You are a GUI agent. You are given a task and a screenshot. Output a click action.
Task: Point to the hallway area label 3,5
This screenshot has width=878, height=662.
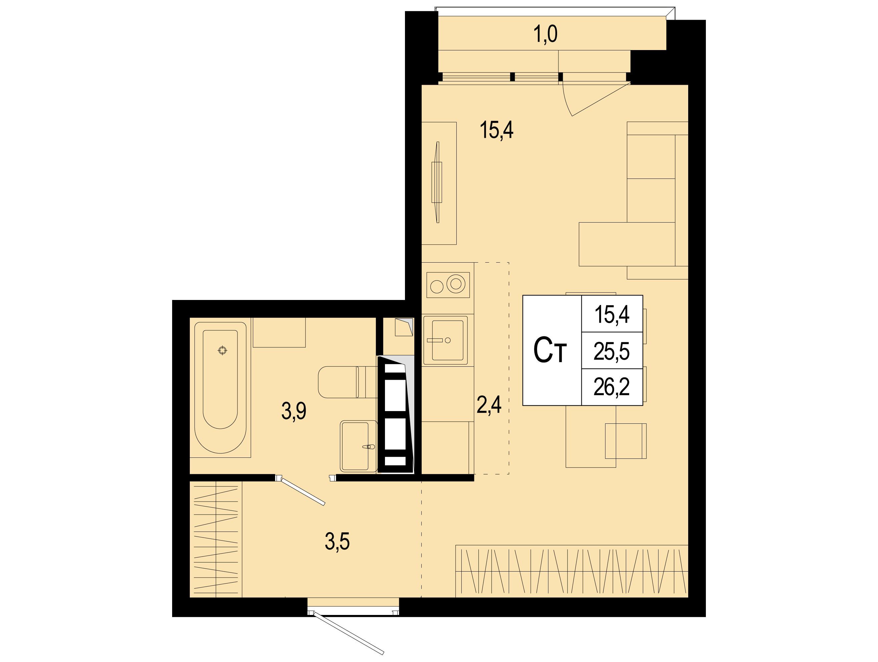337,542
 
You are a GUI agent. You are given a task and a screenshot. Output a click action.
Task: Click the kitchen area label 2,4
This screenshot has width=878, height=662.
489,405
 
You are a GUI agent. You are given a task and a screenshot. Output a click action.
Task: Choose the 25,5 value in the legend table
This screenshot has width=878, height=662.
612,351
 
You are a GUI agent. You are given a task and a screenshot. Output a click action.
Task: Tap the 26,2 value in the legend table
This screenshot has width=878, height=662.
612,387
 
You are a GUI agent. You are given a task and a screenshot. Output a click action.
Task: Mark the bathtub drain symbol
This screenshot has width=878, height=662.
223,350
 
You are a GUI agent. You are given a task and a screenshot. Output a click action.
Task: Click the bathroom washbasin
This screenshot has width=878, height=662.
358,446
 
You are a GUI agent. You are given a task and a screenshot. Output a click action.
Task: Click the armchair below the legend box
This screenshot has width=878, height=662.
625,441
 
